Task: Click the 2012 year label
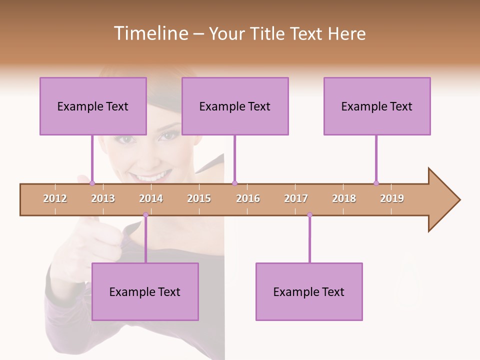pos(55,198)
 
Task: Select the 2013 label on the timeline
pos(103,198)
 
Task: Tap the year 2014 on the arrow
pos(151,198)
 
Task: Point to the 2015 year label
pos(199,198)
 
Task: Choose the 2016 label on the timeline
pos(248,198)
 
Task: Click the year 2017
pos(296,198)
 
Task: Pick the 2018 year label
pos(344,198)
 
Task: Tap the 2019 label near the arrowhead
pos(392,198)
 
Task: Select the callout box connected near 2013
pos(93,106)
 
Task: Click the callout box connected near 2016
pos(235,106)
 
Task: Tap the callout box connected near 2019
pos(377,106)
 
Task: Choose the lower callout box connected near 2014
pos(145,291)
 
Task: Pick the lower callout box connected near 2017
pos(309,291)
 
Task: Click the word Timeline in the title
pos(150,33)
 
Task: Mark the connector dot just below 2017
pos(309,215)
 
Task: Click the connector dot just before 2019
pos(376,183)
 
